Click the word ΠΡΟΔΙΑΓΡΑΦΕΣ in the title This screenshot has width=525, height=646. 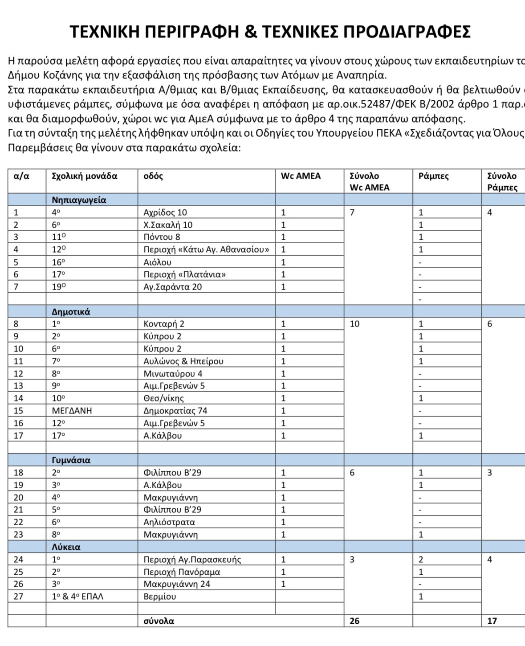click(407, 32)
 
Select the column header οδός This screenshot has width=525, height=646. click(153, 176)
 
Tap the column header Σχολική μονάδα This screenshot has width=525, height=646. click(85, 176)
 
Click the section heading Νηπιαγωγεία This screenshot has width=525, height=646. click(79, 200)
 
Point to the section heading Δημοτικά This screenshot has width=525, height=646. click(71, 311)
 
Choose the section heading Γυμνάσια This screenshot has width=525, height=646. click(71, 460)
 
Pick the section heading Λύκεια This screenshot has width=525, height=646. click(66, 547)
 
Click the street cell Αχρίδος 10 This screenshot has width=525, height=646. click(165, 213)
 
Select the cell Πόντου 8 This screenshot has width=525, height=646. click(162, 237)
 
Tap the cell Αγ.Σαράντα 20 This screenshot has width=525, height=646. click(172, 287)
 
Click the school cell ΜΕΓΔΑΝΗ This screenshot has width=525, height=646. click(72, 411)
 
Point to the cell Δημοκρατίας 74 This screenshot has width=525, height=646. click(175, 411)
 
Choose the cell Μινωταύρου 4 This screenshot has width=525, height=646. click(173, 373)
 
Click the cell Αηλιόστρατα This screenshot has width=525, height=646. click(169, 522)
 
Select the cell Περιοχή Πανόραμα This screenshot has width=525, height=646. click(182, 572)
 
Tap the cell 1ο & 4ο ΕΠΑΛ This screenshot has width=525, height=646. click(77, 597)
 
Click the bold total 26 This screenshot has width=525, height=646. click(354, 621)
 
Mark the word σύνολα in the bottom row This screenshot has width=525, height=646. click(159, 621)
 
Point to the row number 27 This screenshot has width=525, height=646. click(18, 597)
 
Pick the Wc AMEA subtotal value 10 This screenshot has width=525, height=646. click(354, 324)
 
